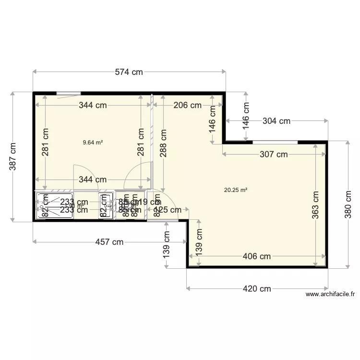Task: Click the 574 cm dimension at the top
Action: tap(129, 72)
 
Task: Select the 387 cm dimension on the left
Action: tap(12, 156)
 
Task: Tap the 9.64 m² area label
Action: tap(93, 142)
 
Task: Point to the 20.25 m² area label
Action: tap(236, 190)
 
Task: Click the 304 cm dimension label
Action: tap(276, 121)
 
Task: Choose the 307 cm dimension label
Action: tap(274, 154)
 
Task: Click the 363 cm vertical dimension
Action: tap(315, 205)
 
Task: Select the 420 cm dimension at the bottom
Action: tap(257, 288)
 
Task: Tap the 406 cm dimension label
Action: tap(257, 256)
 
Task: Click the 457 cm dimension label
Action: tap(109, 242)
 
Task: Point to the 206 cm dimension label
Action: tap(187, 105)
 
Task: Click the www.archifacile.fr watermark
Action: tap(330, 295)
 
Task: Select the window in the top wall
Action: tap(68, 93)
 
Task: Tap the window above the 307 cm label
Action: tap(275, 142)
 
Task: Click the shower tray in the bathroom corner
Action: tap(54, 205)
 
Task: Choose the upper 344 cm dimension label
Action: tap(93, 105)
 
